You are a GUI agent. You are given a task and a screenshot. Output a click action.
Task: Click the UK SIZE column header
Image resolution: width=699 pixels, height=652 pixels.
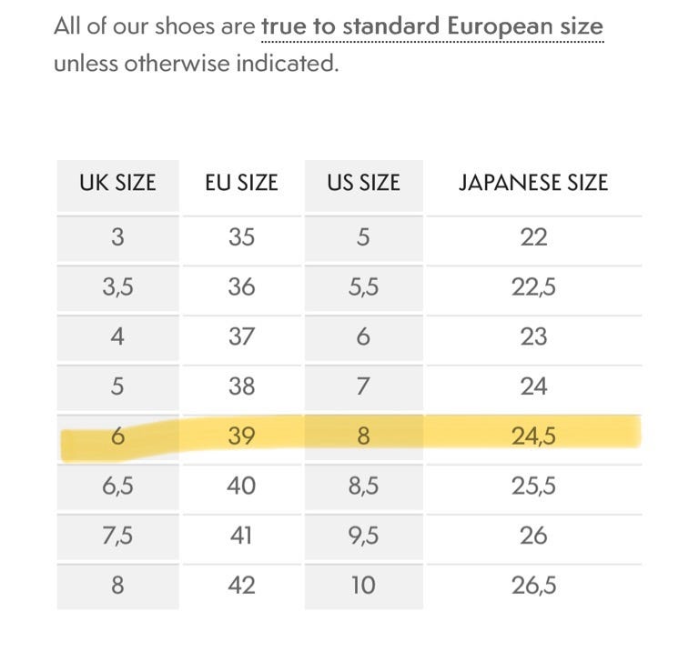pos(117,183)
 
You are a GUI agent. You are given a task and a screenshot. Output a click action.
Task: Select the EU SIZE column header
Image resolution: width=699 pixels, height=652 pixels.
pos(241,183)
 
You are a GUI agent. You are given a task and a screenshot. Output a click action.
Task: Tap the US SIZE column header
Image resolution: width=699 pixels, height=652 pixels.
pos(363,183)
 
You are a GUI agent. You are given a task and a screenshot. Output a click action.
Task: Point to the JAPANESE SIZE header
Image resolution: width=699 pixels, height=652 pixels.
pos(533,183)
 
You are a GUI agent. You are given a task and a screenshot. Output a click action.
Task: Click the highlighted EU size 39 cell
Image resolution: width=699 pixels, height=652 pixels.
pos(241,436)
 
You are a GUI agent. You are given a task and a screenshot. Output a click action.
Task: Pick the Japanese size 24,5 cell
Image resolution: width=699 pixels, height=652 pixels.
pos(533,436)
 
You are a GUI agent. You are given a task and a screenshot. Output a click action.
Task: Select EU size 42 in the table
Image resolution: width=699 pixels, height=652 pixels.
pos(241,586)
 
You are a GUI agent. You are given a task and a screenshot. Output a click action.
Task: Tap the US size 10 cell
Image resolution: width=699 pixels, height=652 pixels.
pos(363,586)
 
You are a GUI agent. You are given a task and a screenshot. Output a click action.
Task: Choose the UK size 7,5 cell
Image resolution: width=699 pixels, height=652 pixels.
pos(117,536)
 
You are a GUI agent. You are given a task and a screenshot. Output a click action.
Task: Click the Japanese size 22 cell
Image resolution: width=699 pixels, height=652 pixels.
pos(533,237)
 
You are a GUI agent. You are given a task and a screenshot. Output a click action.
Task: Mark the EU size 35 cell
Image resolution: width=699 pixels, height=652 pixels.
pos(241,237)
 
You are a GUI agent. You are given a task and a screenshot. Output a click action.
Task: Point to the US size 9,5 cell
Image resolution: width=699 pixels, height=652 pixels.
pos(363,536)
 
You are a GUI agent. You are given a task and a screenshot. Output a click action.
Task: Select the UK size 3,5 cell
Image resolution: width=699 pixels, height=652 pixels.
pos(117,287)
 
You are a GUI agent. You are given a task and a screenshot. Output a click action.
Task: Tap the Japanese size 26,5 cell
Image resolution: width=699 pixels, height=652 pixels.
pos(533,586)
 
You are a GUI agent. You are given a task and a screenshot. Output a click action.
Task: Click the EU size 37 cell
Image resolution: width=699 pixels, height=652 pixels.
pos(241,336)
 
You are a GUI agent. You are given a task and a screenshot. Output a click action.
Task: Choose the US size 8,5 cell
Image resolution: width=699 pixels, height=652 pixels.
pos(363,486)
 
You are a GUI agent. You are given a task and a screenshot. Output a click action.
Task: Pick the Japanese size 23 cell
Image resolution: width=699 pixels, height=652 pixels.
pos(533,336)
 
